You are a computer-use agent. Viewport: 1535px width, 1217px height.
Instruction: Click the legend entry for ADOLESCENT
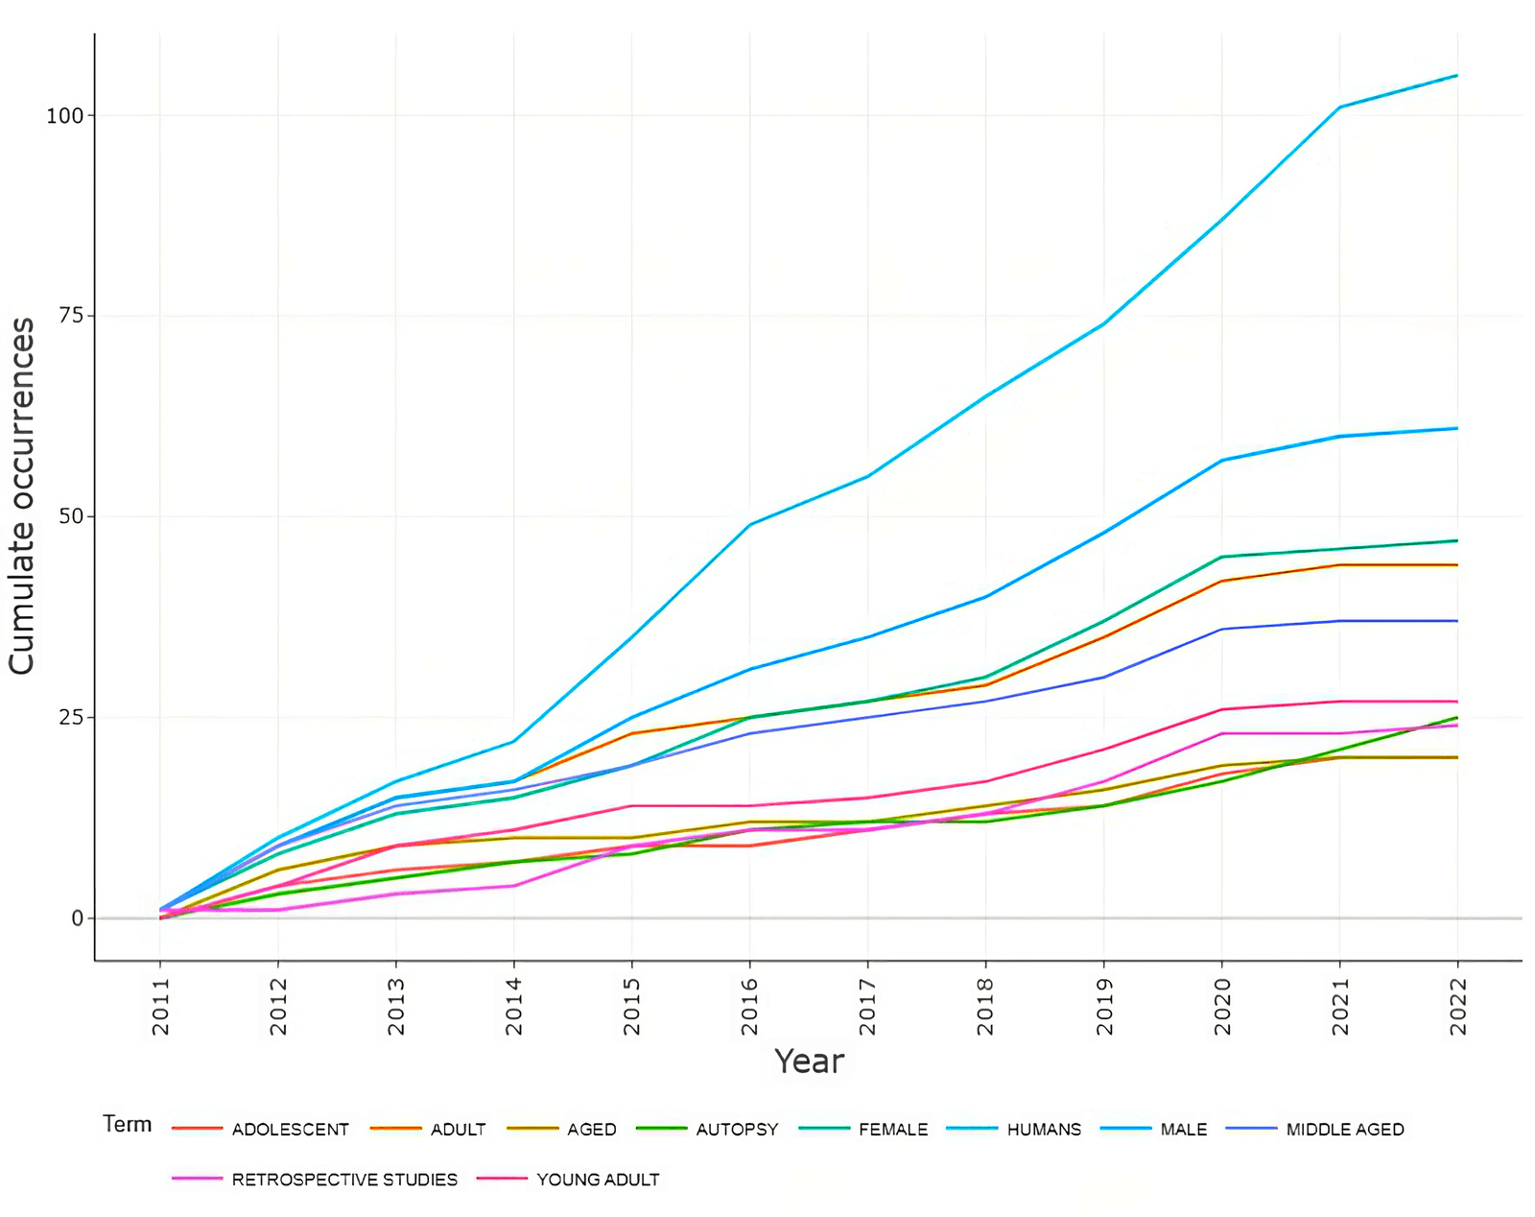pos(290,1130)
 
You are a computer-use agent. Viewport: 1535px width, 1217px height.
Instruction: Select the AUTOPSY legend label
pos(737,1130)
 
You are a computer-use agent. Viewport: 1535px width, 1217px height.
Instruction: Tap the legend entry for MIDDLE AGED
pos(1344,1130)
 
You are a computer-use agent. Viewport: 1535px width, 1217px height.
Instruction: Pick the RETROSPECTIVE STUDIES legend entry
pos(344,1180)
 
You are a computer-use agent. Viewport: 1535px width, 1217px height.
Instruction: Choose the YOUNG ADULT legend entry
pos(598,1180)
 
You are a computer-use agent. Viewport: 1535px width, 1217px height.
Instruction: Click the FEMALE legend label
pos(893,1130)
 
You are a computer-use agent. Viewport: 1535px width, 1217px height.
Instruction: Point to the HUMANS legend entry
pos(1044,1130)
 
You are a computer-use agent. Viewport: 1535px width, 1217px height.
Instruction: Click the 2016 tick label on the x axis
pos(749,1006)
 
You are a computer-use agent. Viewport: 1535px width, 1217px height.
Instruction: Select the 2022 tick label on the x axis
pos(1458,1006)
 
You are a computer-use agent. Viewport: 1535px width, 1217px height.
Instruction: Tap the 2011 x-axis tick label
pos(160,1006)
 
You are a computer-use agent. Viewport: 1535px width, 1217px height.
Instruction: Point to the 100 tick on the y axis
pos(64,116)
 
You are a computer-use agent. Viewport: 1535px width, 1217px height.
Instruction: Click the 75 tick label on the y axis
pos(71,316)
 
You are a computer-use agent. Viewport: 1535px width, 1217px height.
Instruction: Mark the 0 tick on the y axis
pos(77,919)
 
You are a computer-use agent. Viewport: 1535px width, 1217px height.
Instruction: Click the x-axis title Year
pos(809,1062)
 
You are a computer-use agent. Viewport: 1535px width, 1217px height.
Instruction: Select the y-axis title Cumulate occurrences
pos(22,495)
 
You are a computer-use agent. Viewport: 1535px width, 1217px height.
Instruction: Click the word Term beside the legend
pos(127,1124)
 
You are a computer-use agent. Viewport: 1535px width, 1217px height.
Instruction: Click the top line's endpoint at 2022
pos(1457,75)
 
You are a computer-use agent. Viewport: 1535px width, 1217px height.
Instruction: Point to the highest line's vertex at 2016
pos(749,525)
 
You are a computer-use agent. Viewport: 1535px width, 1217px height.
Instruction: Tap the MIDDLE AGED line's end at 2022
pos(1457,621)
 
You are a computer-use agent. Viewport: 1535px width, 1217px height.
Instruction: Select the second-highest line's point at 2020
pos(1221,461)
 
